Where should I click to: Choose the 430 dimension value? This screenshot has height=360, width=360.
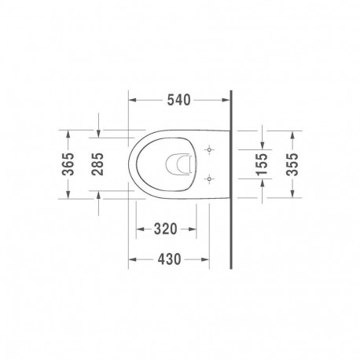(170, 258)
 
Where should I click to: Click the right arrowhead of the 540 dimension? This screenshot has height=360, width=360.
(229, 101)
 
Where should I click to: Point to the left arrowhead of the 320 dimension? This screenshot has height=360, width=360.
(139, 229)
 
